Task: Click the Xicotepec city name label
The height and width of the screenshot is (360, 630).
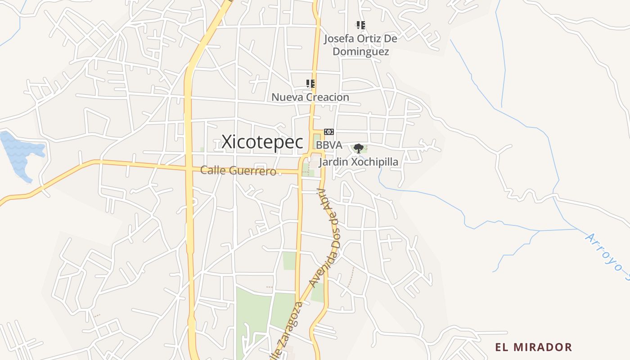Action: pos(262,142)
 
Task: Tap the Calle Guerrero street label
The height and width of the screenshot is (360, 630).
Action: pos(238,171)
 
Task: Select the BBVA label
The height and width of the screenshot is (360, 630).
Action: pos(329,145)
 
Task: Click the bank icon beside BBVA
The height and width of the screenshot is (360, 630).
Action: pos(329,132)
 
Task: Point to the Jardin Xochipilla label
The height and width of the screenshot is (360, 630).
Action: pos(359,162)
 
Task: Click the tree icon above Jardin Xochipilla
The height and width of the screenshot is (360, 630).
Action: pos(359,148)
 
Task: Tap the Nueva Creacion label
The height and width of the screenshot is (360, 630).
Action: pos(310,97)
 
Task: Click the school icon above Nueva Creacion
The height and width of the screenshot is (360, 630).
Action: pos(310,84)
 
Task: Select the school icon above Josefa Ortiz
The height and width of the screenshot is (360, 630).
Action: pos(360,25)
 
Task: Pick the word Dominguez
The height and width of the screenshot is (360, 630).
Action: pos(360,52)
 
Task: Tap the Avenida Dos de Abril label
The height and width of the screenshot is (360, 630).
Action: pos(324,238)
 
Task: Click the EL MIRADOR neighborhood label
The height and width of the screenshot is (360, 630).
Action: pos(534,347)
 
